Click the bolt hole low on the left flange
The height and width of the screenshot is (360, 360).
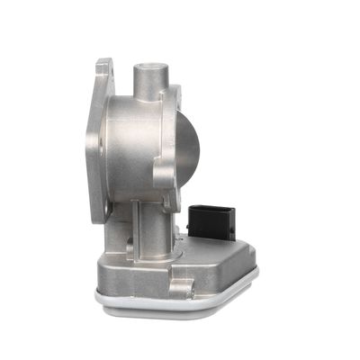(x=105, y=209)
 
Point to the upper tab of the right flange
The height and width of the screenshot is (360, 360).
(x=175, y=94)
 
